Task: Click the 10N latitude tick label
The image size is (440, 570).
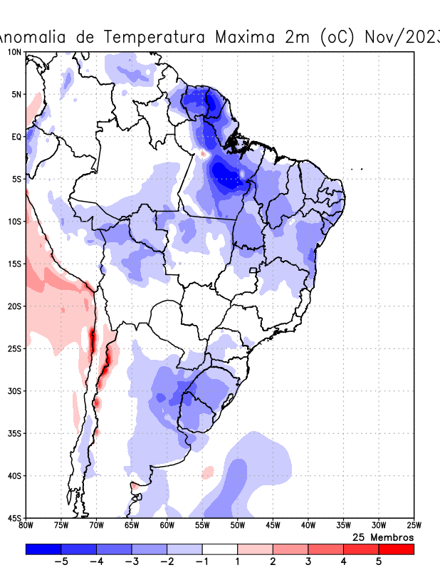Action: (14, 52)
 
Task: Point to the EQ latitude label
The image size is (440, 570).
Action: (16, 136)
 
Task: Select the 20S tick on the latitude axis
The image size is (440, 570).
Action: (14, 306)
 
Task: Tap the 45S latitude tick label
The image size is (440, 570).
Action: (14, 518)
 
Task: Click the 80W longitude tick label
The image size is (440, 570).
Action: (26, 526)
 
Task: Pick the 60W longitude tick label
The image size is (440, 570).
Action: (167, 526)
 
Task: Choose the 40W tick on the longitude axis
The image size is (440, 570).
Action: (308, 526)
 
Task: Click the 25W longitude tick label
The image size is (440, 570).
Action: (414, 526)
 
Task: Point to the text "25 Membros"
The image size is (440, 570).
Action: (383, 537)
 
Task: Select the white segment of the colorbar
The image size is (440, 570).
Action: (220, 549)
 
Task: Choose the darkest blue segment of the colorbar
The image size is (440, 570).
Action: (43, 549)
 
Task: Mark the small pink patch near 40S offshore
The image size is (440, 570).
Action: (207, 472)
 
